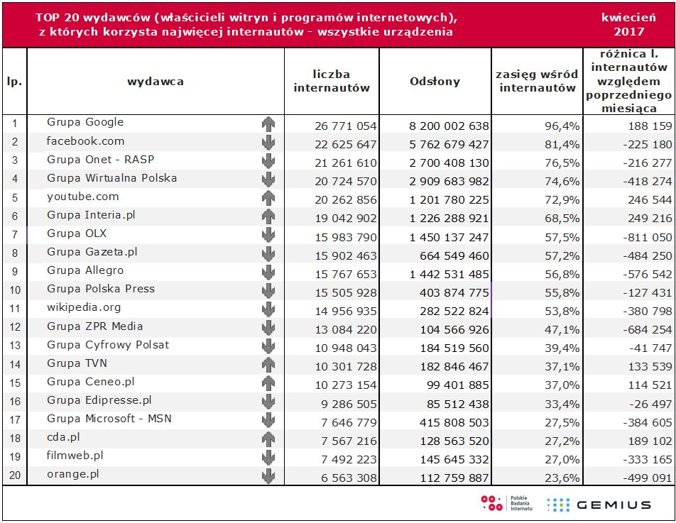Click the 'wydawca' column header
tap(156, 82)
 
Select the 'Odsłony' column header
tap(435, 82)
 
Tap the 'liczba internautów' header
tap(332, 82)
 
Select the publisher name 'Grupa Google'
tap(85, 123)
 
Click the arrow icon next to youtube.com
tap(268, 197)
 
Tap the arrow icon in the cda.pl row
tap(268, 439)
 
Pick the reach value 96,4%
tap(564, 126)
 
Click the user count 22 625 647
tap(345, 145)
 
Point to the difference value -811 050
tap(642, 237)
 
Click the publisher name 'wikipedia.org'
tap(84, 308)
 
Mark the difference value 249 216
tap(645, 219)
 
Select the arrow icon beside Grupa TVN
tap(268, 365)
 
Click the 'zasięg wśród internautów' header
tap(538, 82)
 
